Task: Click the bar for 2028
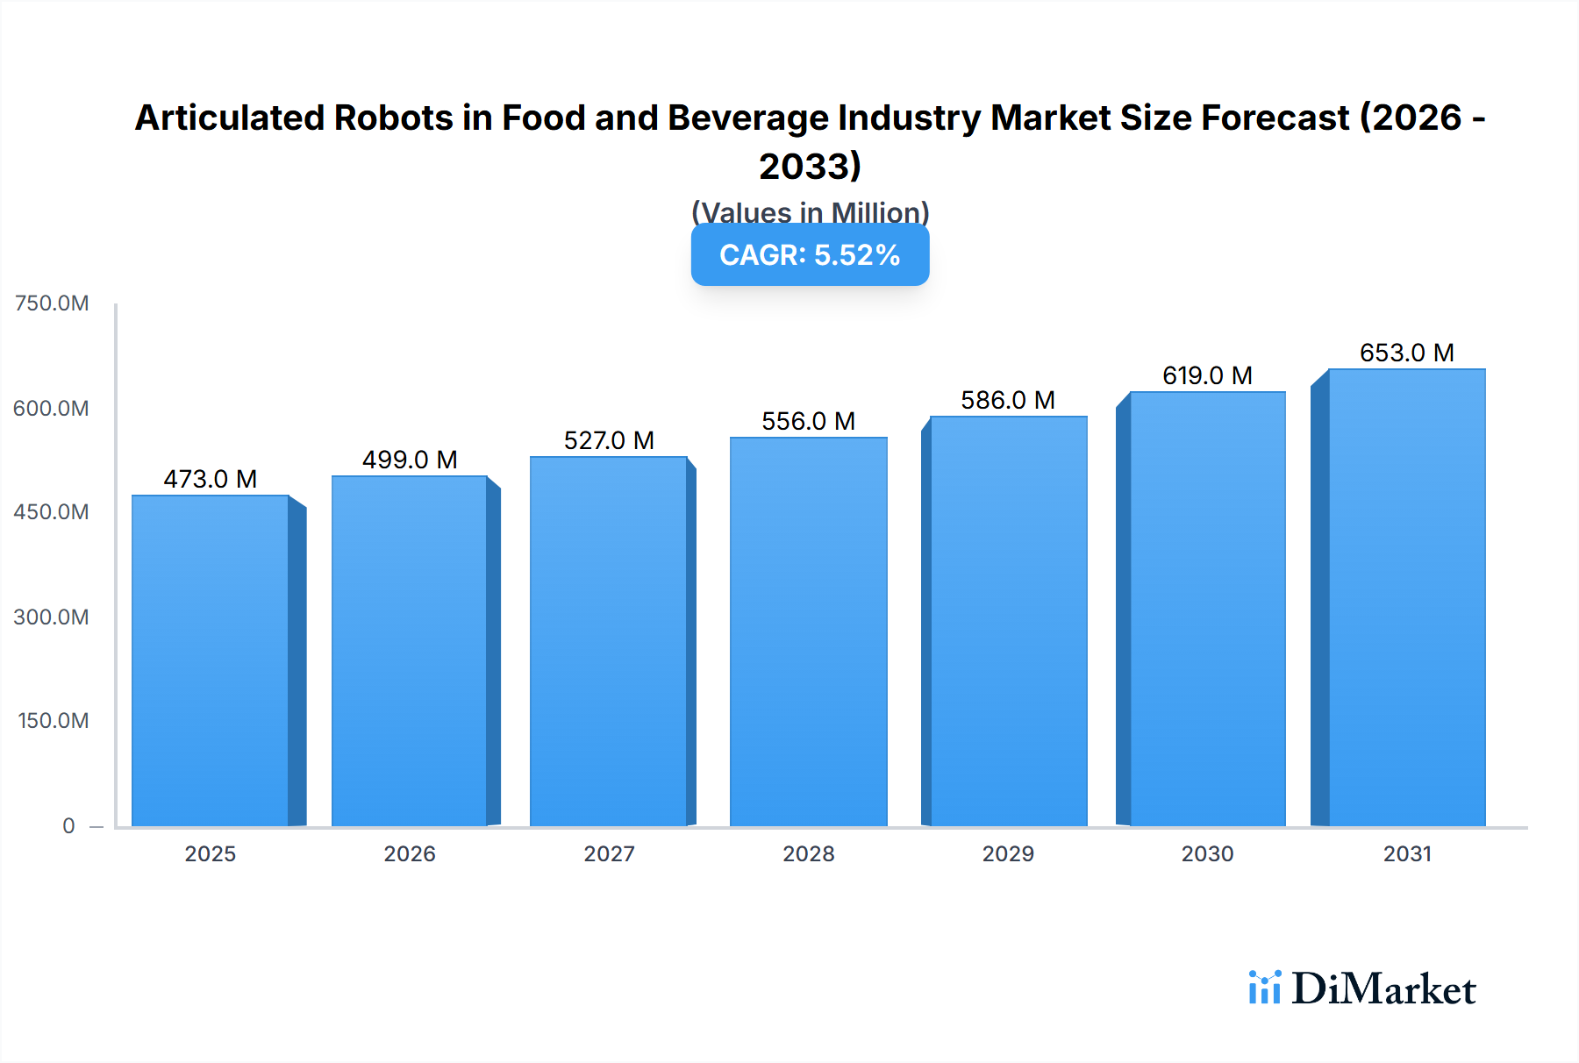click(x=808, y=631)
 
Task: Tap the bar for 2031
click(x=1406, y=597)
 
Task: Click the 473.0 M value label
click(x=211, y=479)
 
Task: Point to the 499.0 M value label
click(x=410, y=460)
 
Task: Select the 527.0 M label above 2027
click(x=609, y=440)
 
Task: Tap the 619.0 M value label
click(x=1207, y=375)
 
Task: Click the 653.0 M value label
click(x=1406, y=353)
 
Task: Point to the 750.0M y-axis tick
click(x=52, y=303)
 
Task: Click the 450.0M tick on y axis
click(x=51, y=512)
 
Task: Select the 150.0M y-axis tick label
click(x=53, y=721)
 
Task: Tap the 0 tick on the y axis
click(x=68, y=825)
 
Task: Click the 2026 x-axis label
click(x=410, y=853)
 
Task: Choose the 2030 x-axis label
click(x=1207, y=853)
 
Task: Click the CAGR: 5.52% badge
click(x=810, y=255)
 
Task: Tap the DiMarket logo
click(x=1362, y=988)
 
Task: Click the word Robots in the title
click(x=392, y=118)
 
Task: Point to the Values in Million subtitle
click(x=810, y=212)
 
